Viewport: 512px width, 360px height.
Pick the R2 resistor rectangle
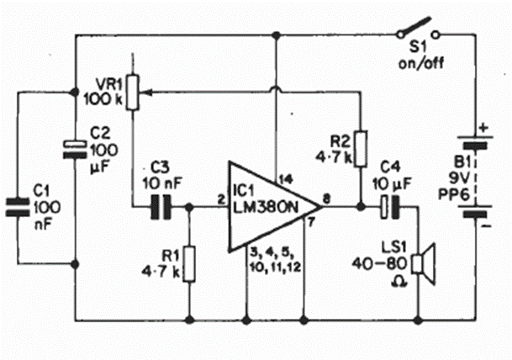[x=361, y=148]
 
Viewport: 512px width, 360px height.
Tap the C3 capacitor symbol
[x=159, y=206]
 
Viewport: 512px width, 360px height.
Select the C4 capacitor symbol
[x=391, y=206]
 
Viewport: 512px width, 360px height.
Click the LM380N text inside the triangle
[x=266, y=209]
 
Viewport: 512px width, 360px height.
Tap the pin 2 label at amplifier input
[x=219, y=199]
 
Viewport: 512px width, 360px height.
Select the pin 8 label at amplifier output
[x=326, y=199]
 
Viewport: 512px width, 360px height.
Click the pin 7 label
[x=309, y=223]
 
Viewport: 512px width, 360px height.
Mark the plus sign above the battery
[x=483, y=128]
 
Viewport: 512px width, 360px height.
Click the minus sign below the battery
[x=484, y=225]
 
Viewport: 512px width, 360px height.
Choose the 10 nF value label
[x=158, y=184]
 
